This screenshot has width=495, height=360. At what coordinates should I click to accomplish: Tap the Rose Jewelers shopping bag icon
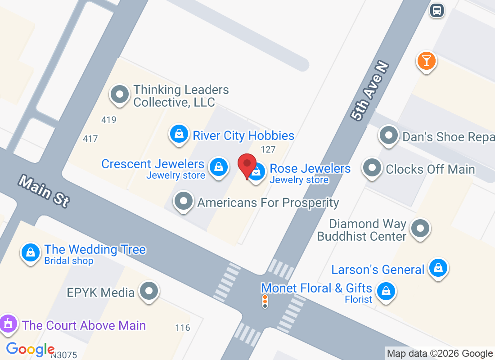256,172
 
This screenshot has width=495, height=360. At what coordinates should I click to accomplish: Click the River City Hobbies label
243,136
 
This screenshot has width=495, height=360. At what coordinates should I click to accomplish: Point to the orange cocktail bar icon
426,60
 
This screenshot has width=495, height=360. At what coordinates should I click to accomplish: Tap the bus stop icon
436,10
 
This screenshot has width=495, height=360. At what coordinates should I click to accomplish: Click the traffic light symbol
265,301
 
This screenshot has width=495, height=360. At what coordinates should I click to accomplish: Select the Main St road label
44,191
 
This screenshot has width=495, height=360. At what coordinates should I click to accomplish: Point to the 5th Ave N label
370,91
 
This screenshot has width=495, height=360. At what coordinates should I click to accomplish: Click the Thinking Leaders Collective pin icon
120,94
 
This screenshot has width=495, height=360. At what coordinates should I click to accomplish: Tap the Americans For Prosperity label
268,202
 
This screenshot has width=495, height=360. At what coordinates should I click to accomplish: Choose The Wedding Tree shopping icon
31,252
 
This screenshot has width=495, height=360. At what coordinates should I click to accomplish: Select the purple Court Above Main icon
8,324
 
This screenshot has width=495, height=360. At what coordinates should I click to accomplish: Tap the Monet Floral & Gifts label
316,288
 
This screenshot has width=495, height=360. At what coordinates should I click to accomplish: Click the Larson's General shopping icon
438,268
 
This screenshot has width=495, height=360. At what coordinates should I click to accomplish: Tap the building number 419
109,120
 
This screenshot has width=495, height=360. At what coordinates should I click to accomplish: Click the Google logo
30,349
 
